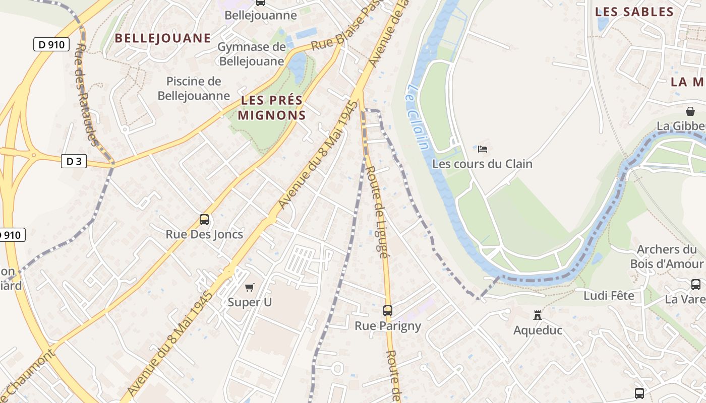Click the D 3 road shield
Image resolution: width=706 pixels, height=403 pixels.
click(74, 161)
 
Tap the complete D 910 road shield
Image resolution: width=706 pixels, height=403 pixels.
click(51, 44)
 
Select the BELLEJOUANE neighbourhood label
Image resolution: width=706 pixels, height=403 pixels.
click(162, 38)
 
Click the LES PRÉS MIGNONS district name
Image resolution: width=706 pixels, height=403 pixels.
click(272, 107)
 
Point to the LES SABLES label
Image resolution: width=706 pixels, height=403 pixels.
click(634, 12)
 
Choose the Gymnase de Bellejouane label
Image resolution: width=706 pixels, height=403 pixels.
click(251, 54)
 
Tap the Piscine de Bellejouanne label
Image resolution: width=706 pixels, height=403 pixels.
click(194, 88)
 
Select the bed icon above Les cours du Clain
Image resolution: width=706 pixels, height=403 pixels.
click(483, 149)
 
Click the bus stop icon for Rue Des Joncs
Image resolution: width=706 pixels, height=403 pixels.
click(204, 220)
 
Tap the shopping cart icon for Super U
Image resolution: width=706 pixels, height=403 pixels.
click(250, 287)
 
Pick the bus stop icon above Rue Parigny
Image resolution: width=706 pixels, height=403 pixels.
click(387, 311)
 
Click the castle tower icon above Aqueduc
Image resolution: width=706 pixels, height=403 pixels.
click(538, 315)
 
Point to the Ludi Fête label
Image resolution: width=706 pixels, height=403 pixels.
click(609, 296)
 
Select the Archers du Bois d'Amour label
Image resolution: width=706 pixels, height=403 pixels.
click(666, 256)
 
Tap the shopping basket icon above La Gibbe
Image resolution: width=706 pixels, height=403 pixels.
click(690, 111)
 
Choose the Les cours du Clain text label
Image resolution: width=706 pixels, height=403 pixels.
click(482, 164)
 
